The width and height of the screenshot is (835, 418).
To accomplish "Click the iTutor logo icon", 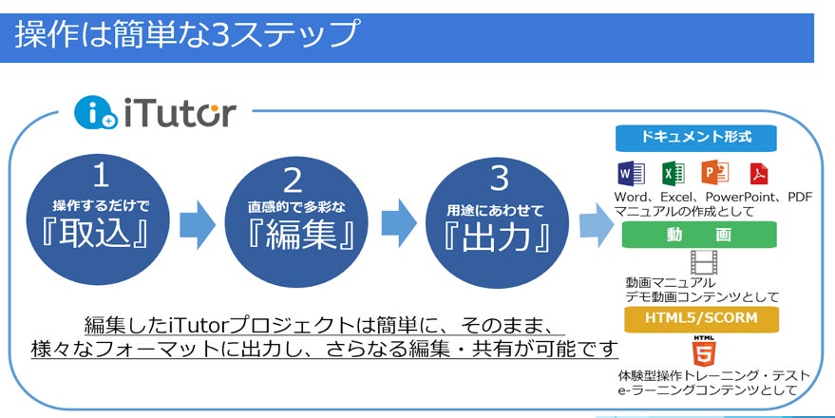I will point(96,113).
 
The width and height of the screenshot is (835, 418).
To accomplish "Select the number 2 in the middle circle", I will point(293,180).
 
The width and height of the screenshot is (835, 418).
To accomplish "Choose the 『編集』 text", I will point(293,234).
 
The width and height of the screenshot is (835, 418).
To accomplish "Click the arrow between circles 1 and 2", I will point(198,222).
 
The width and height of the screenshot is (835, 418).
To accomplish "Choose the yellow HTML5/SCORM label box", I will point(699,317).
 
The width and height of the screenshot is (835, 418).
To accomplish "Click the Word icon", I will point(631,174).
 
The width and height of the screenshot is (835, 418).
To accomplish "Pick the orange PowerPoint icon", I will point(714,174).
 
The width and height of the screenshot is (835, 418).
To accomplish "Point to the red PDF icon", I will point(758,175).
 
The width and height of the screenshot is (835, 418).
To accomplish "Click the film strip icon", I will point(702,261).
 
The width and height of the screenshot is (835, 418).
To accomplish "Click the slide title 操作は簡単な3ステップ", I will point(185,34).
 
